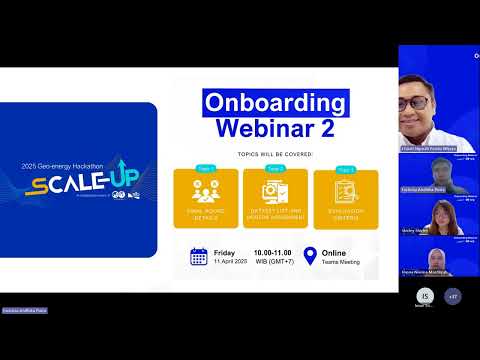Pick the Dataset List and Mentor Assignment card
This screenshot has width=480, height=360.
coord(275,200)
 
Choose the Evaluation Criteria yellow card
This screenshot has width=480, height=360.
coord(346,200)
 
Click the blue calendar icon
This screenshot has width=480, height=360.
coord(198,256)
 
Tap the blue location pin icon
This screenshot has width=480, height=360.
coord(309,256)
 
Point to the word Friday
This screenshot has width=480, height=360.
coord(226,252)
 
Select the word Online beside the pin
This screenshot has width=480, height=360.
coord(334,252)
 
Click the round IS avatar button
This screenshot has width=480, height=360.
coord(425,297)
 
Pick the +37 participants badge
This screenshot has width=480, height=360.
coord(453,297)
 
